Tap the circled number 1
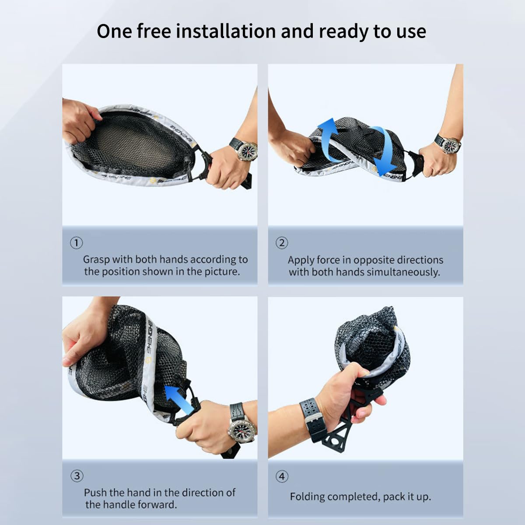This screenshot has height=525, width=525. click(76, 243)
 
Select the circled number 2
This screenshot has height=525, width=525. click(282, 243)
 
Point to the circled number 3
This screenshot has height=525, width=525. click(77, 476)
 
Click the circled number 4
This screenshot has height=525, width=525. click(282, 476)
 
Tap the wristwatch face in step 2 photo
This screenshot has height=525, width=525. click(451, 144)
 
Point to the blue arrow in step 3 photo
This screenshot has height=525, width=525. click(180, 398)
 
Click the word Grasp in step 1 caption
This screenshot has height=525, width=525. click(96, 260)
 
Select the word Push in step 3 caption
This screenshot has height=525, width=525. click(94, 492)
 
